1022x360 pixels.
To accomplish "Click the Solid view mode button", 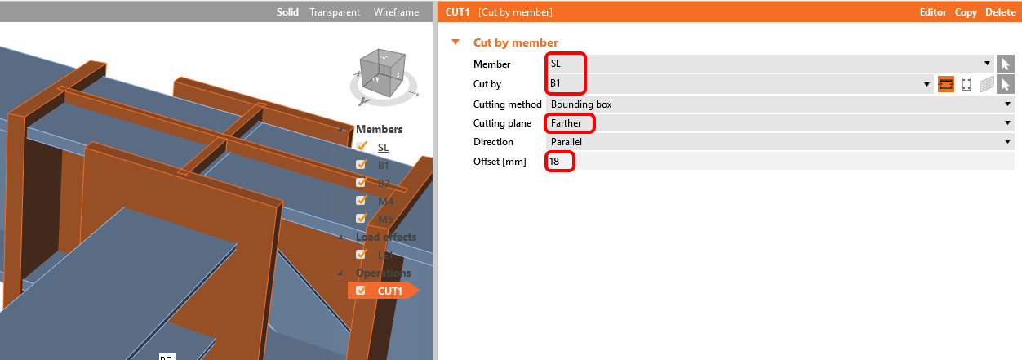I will pyautogui.click(x=287, y=12).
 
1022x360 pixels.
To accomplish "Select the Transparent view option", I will pyautogui.click(x=335, y=12).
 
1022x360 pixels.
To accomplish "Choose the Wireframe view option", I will pyautogui.click(x=396, y=12).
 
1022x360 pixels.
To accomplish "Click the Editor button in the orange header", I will pyautogui.click(x=933, y=12).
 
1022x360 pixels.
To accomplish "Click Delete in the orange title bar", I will pyautogui.click(x=1001, y=12).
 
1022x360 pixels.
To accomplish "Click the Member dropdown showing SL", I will pyautogui.click(x=767, y=63).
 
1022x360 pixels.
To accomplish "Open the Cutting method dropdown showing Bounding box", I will pyautogui.click(x=780, y=104).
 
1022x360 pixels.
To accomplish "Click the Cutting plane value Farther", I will pyautogui.click(x=780, y=123).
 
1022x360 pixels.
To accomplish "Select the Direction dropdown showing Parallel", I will pyautogui.click(x=780, y=142).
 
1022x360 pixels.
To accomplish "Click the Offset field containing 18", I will pyautogui.click(x=780, y=162).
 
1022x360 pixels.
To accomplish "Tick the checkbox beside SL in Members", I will pyautogui.click(x=361, y=147).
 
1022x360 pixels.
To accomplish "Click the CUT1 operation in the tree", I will pyautogui.click(x=389, y=291).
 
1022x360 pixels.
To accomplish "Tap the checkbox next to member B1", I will pyautogui.click(x=361, y=165).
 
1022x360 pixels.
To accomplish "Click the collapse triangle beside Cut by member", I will pyautogui.click(x=455, y=42).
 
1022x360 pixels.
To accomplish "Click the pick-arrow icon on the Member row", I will pyautogui.click(x=1005, y=63).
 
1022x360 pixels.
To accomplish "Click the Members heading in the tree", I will pyautogui.click(x=379, y=129).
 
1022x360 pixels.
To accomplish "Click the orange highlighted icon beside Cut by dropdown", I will pyautogui.click(x=946, y=83).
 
